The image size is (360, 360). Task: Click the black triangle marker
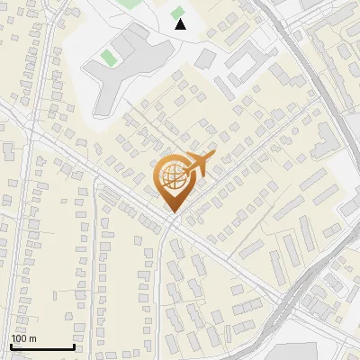pyautogui.click(x=180, y=24)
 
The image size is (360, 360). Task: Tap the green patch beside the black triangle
pyautogui.click(x=178, y=12)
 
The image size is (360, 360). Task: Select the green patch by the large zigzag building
pyautogui.click(x=109, y=58)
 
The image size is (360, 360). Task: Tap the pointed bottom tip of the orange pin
pyautogui.click(x=172, y=211)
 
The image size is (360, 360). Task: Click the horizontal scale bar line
pyautogui.click(x=42, y=347)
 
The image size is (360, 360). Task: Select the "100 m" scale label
pyautogui.click(x=24, y=338)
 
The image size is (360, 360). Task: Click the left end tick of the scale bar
pyautogui.click(x=12, y=346)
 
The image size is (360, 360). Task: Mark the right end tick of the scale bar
pyautogui.click(x=73, y=346)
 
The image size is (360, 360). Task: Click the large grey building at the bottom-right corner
pyautogui.click(x=297, y=352)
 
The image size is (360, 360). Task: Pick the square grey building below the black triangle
pyautogui.click(x=206, y=58)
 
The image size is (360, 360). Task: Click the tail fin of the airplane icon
pyautogui.click(x=211, y=157)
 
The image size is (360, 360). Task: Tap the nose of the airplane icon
pyautogui.click(x=184, y=172)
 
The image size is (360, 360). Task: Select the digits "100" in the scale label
pyautogui.click(x=20, y=338)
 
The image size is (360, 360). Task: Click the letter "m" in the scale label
pyautogui.click(x=32, y=338)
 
